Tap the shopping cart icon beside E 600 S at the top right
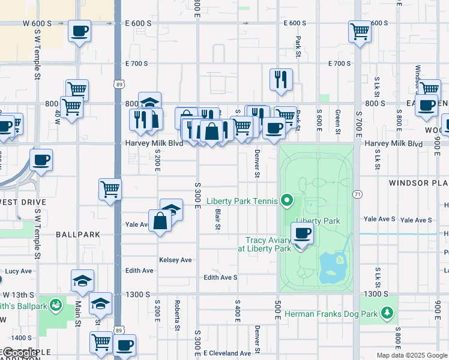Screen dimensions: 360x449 coord(360,31)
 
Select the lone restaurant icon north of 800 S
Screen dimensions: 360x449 coord(281,79)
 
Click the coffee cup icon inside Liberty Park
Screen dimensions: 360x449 coord(301,233)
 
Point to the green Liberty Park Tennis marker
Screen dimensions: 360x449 coord(288,200)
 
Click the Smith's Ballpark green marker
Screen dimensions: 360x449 coord(56,305)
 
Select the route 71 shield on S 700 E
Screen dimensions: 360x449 coord(357,194)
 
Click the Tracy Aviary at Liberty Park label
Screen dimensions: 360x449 coord(264,244)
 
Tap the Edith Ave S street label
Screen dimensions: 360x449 coord(220,277)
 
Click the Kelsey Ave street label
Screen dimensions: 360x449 coord(175,260)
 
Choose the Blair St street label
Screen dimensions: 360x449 coord(217,219)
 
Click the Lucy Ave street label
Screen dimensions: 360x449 coord(18,271)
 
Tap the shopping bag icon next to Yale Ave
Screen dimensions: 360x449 coord(161,221)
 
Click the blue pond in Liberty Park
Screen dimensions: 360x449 coord(331,267)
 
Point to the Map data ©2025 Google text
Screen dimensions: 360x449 coord(411,355)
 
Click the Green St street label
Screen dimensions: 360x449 coord(338,122)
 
